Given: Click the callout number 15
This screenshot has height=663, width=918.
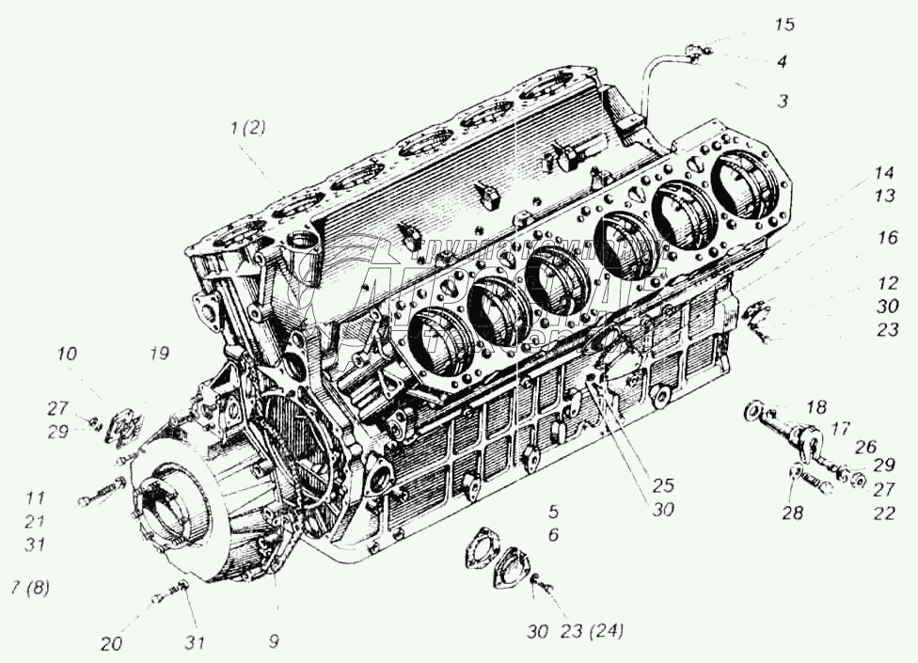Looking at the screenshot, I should coord(784,25).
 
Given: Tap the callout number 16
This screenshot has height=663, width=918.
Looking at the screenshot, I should coord(888,239).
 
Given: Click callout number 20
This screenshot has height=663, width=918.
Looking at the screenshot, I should coord(112,644).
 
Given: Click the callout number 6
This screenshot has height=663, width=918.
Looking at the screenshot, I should coord(554,534).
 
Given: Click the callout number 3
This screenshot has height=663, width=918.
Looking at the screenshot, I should coord(782,101).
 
